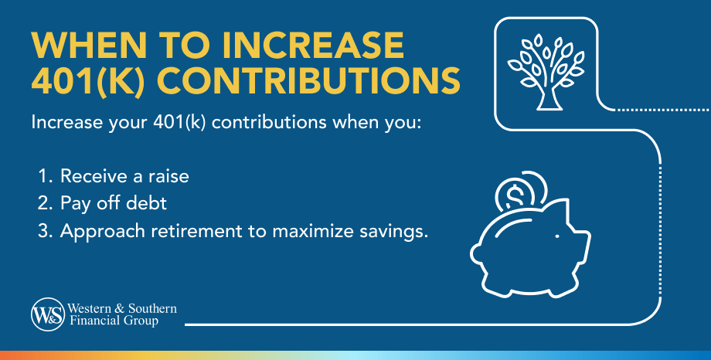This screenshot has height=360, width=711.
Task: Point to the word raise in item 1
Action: [168, 176]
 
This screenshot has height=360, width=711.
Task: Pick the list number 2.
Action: [43, 204]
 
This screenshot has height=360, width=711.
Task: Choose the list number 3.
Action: [43, 232]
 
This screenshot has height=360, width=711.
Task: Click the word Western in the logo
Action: [88, 308]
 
